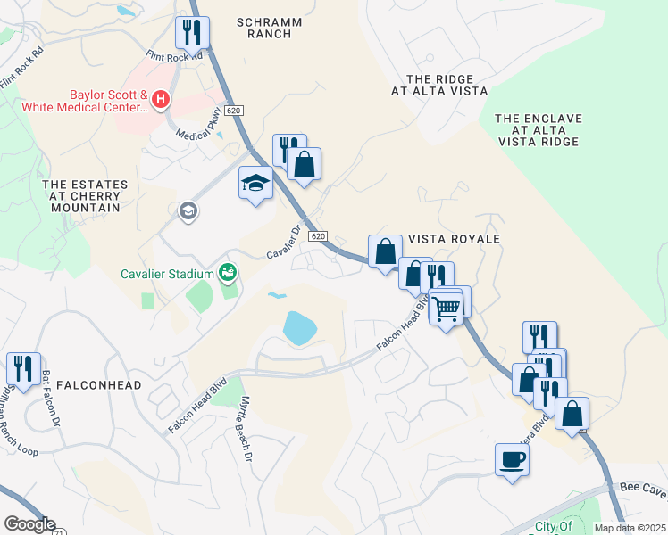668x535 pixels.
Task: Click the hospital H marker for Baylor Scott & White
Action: click(161, 99)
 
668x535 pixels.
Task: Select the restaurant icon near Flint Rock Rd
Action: click(192, 34)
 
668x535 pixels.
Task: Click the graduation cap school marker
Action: click(255, 183)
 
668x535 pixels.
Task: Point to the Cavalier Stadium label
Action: click(167, 273)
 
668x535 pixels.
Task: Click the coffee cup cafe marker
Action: click(512, 460)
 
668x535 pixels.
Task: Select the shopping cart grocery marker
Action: click(446, 309)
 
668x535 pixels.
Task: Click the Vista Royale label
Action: click(453, 239)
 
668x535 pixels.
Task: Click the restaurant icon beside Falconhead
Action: click(23, 369)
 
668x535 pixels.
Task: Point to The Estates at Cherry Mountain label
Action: click(86, 196)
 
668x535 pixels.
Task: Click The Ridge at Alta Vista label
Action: click(439, 85)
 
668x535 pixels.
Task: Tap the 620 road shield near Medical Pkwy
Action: click(234, 110)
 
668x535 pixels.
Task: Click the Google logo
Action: click(29, 524)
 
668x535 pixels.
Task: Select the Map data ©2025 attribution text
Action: click(630, 528)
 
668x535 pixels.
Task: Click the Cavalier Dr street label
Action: click(287, 242)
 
